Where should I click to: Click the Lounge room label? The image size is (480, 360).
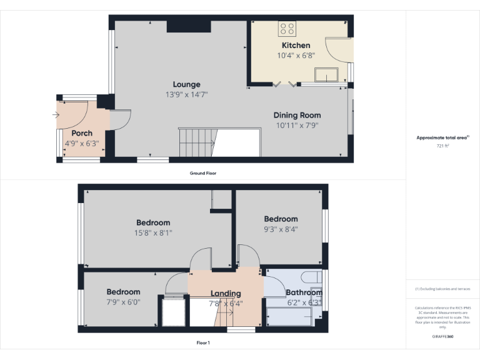coord(187,84)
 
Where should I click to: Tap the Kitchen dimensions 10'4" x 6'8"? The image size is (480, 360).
coord(296,55)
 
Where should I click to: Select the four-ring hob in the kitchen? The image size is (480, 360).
coord(287,28)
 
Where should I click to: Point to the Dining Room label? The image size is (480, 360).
coord(297,115)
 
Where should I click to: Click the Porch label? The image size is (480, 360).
coord(82,133)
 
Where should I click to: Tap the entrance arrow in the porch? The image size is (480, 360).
coord(56,115)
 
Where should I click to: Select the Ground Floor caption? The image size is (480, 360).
coord(203,173)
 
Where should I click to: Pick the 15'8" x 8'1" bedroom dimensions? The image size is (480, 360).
coord(154,232)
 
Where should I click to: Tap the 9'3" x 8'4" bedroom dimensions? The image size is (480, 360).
coord(281,229)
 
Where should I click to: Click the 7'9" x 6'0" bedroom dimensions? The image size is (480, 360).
coord(123,301)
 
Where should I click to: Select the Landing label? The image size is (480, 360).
coord(226,294)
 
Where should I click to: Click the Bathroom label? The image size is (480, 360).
coord(304,292)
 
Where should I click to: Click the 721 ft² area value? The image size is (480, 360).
coord(442,146)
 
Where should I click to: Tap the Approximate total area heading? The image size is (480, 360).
coord(442,137)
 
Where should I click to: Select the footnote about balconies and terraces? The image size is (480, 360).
coord(442,289)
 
